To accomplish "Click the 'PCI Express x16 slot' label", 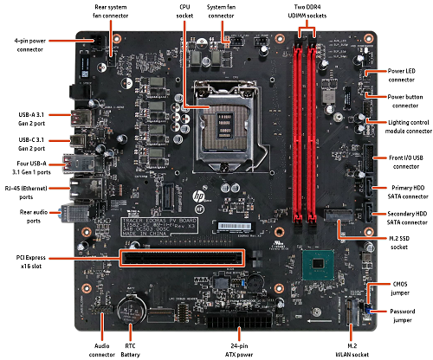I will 33,257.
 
